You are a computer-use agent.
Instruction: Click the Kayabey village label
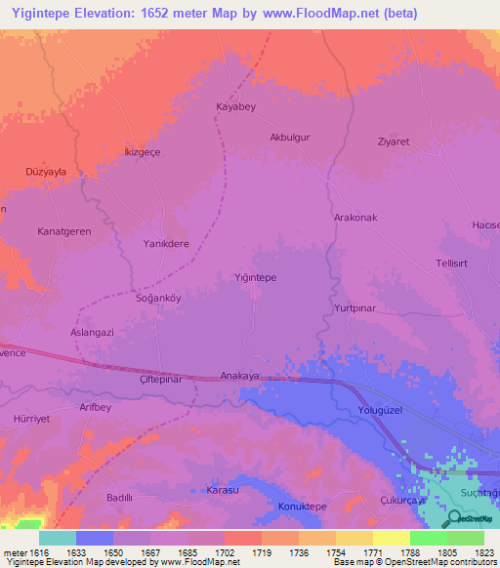click(235, 106)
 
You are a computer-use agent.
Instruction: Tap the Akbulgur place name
click(290, 138)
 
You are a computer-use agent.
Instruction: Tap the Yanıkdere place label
click(166, 244)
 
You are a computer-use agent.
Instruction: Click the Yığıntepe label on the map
click(256, 277)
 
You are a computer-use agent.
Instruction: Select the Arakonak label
click(355, 218)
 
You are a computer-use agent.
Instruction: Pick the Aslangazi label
click(91, 332)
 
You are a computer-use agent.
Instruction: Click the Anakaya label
click(240, 375)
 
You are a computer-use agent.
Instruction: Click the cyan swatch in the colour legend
click(58, 538)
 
